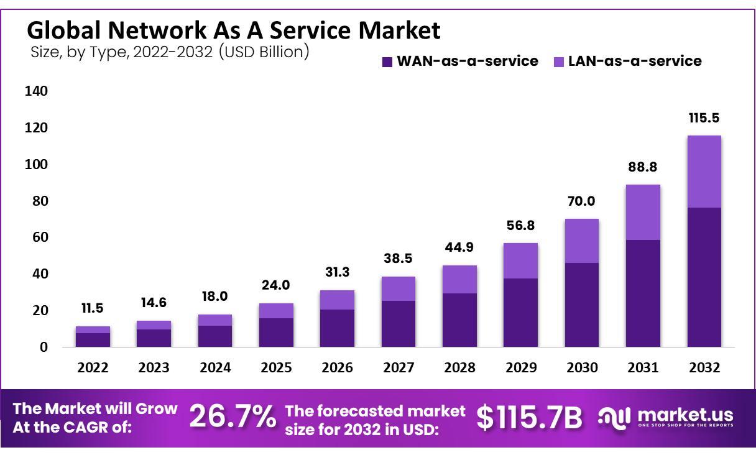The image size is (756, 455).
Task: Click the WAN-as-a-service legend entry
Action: click(459, 61)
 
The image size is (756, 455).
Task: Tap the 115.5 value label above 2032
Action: click(704, 118)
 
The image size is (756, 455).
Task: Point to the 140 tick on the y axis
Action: click(36, 91)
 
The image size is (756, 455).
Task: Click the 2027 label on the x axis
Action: click(399, 367)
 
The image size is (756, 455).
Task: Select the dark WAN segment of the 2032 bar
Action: click(704, 277)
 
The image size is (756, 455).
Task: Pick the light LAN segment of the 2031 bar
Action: click(643, 212)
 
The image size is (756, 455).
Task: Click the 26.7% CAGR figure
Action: click(233, 416)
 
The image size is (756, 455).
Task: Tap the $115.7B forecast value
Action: click(530, 418)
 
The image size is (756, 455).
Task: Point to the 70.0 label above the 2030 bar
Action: click(582, 201)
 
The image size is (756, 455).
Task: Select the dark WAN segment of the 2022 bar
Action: click(93, 339)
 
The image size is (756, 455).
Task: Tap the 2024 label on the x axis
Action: click(215, 367)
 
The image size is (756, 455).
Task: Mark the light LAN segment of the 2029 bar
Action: click(521, 260)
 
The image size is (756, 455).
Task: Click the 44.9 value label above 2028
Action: click(459, 247)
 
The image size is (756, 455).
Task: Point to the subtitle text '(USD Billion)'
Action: click(264, 52)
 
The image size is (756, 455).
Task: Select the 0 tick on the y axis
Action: click(44, 347)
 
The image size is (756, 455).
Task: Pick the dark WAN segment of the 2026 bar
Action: click(338, 328)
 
